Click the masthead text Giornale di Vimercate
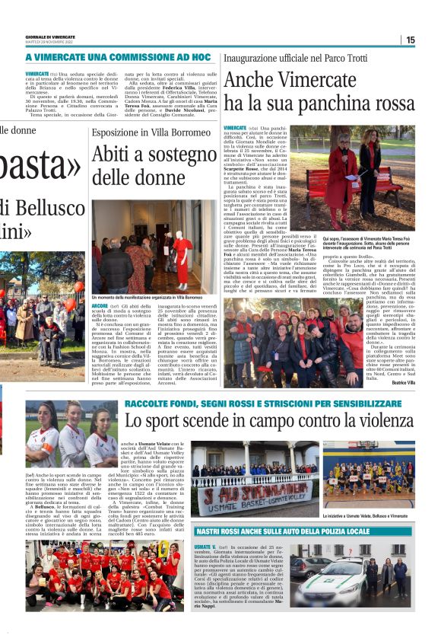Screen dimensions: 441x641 pos(50,37)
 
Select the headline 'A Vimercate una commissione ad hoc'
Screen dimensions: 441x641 pos(118,57)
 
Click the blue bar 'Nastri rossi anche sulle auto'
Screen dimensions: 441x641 pos(304,531)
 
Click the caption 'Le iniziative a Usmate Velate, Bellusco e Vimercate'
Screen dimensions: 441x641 pos(368,515)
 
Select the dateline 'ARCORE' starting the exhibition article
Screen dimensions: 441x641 pos(99,305)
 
